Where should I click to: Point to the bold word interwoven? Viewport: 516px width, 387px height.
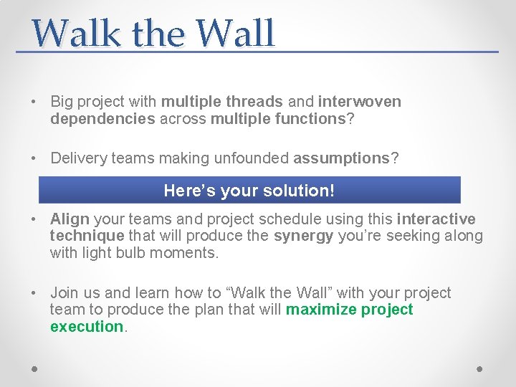click(x=360, y=102)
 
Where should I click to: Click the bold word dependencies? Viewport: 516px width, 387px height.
click(x=102, y=119)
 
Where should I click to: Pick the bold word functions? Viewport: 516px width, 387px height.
click(x=310, y=119)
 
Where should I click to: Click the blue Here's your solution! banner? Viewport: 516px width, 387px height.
click(x=249, y=191)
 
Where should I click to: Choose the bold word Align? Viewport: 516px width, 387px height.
click(x=70, y=219)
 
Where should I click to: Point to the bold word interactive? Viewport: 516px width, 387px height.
click(x=436, y=219)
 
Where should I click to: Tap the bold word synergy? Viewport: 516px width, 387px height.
click(x=303, y=236)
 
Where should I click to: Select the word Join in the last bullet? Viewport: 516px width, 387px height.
click(x=64, y=293)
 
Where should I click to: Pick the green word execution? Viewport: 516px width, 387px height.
click(x=87, y=327)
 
